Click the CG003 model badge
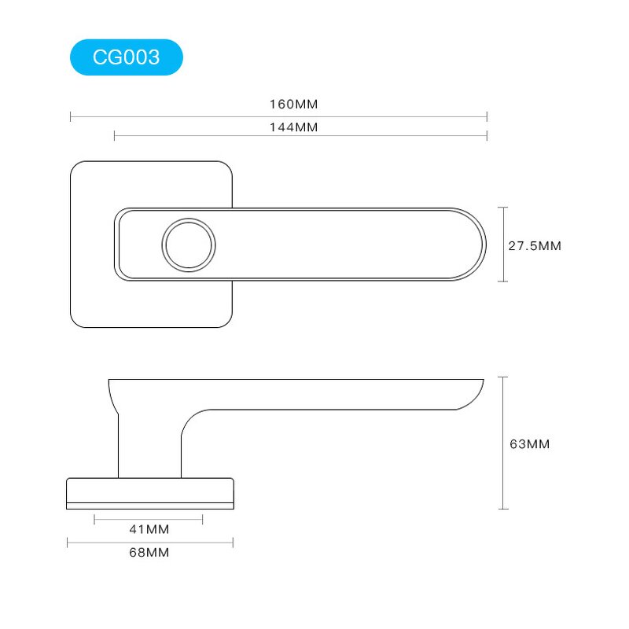(x=126, y=57)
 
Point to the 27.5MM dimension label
(x=535, y=245)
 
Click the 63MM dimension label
(x=530, y=444)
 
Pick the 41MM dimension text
(x=149, y=529)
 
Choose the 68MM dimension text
(x=149, y=553)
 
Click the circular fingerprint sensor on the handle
(x=188, y=244)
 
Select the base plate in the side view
(x=150, y=493)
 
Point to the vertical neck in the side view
(x=149, y=448)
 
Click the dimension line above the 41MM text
(x=149, y=519)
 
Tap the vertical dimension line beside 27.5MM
(x=505, y=244)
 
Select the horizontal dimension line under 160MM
(x=279, y=116)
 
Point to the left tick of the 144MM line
(x=115, y=137)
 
